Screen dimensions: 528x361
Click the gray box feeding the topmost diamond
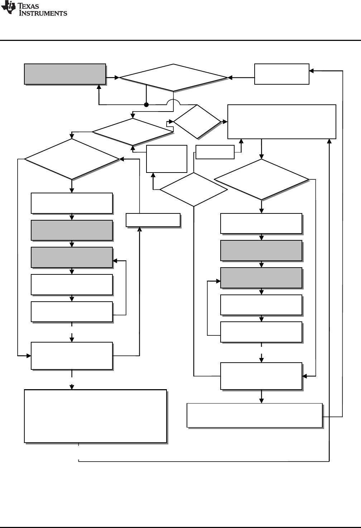tap(65, 74)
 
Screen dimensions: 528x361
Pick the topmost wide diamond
tap(173, 77)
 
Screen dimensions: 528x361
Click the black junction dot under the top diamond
tap(146, 105)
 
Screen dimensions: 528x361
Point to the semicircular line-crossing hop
tap(173, 102)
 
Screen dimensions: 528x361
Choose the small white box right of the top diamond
tap(281, 74)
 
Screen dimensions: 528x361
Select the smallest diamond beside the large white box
tap(197, 122)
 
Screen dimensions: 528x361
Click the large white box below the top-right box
tap(281, 122)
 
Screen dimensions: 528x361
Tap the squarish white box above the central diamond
tap(167, 159)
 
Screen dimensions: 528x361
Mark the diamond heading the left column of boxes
tap(72, 159)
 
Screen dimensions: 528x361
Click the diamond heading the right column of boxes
tap(261, 179)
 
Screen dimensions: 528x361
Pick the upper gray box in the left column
tap(72, 230)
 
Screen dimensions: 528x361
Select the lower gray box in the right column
tap(261, 278)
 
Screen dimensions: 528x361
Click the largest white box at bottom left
tap(95, 416)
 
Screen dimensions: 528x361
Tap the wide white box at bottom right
tap(255, 415)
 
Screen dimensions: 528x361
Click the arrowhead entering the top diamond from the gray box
tap(117, 77)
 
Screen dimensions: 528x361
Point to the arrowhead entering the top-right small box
tap(312, 71)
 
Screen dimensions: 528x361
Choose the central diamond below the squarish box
tap(194, 189)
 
